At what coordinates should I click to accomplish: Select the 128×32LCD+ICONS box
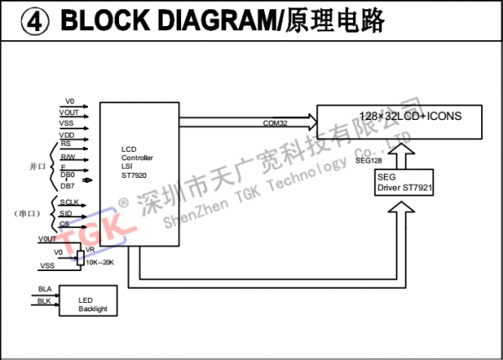pyautogui.click(x=400, y=123)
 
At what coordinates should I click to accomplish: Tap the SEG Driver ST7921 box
pyautogui.click(x=405, y=182)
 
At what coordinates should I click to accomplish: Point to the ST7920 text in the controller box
pyautogui.click(x=135, y=175)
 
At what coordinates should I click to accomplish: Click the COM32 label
pyautogui.click(x=275, y=123)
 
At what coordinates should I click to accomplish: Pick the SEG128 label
pyautogui.click(x=371, y=159)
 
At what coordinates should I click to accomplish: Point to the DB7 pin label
pyautogui.click(x=68, y=185)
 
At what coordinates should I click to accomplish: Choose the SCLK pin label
pyautogui.click(x=70, y=203)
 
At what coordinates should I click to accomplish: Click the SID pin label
pyautogui.click(x=66, y=214)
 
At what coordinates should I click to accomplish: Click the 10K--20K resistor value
pyautogui.click(x=100, y=263)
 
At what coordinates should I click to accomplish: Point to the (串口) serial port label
pyautogui.click(x=30, y=214)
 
